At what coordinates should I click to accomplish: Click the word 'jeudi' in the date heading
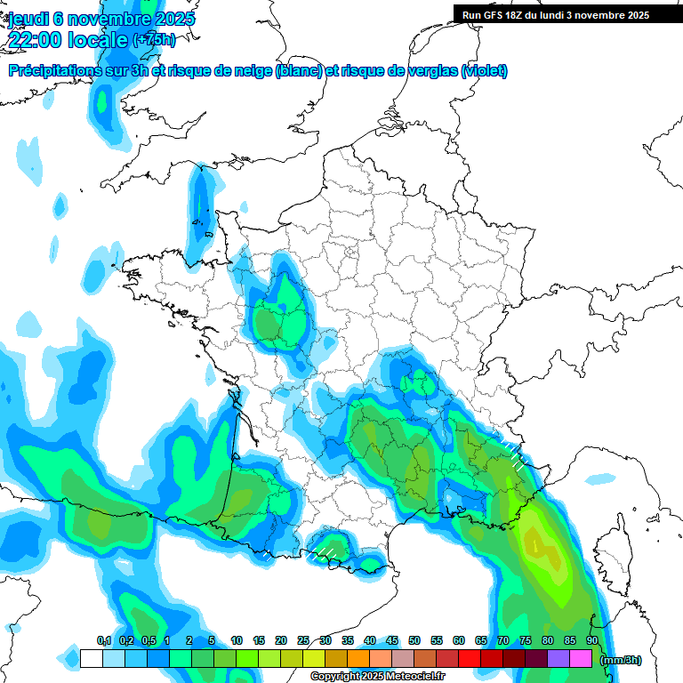(28, 19)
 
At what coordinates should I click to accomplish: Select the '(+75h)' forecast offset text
(154, 40)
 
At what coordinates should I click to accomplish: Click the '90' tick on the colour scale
(591, 640)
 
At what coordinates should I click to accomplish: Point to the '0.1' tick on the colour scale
(103, 640)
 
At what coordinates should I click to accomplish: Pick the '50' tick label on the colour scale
(414, 640)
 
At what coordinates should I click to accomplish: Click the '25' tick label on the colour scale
(303, 640)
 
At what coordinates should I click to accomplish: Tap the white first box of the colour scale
(91, 659)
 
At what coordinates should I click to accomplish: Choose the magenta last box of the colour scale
(581, 659)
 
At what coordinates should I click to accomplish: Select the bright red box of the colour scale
(470, 659)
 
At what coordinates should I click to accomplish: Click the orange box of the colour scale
(358, 659)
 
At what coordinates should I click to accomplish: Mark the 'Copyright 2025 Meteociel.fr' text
(377, 677)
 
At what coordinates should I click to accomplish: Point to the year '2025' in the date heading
(174, 19)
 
